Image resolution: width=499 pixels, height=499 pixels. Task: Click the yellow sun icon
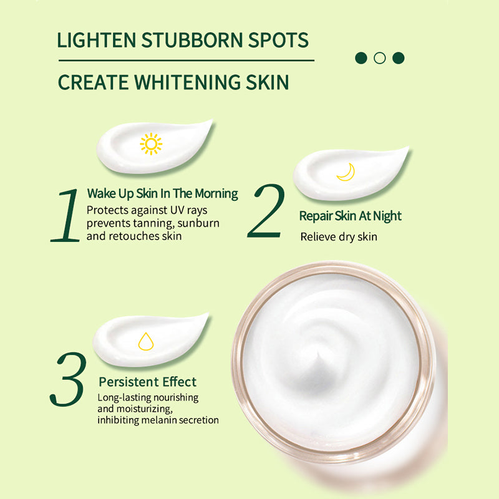pos(151,144)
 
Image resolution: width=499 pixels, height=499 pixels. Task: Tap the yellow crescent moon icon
pos(346,172)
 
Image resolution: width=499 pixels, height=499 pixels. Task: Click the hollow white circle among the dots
pos(379,58)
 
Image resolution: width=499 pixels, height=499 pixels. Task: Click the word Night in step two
pos(385,216)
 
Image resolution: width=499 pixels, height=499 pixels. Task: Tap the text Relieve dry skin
pos(339,237)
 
